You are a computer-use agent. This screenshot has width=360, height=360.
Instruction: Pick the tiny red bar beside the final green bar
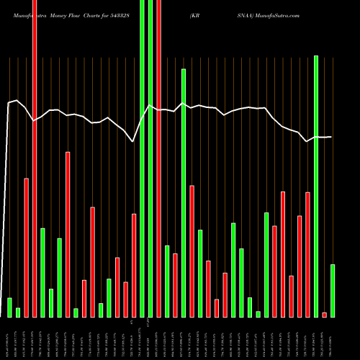click(x=324, y=315)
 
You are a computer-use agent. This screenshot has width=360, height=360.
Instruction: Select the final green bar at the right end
click(x=333, y=291)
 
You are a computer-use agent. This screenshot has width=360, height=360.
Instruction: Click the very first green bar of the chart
click(x=10, y=307)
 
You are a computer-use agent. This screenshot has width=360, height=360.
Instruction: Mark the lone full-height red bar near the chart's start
click(x=35, y=158)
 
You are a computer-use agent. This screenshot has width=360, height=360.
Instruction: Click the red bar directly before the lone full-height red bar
click(x=27, y=248)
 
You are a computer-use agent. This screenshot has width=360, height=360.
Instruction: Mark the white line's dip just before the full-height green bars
click(x=133, y=142)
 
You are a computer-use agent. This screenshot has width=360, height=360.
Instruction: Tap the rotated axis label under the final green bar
click(x=333, y=338)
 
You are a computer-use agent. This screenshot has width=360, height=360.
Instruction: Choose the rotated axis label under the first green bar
click(x=10, y=338)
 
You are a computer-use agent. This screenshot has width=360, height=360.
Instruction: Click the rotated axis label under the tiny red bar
click(x=324, y=338)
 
